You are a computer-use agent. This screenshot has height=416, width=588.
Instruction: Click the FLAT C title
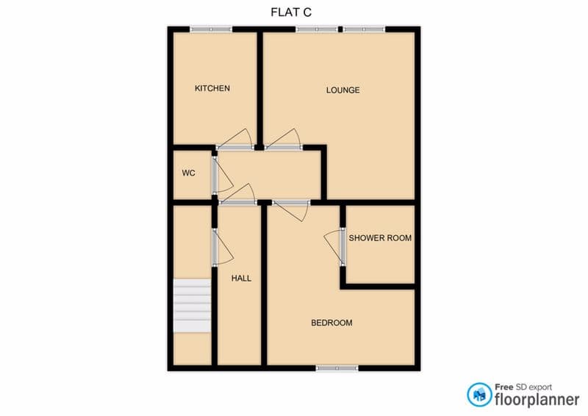click(x=291, y=12)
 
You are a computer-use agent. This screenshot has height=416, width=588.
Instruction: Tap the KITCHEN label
click(x=212, y=88)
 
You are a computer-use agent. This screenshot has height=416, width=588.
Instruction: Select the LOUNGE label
click(x=343, y=90)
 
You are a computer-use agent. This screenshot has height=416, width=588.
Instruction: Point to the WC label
click(x=189, y=173)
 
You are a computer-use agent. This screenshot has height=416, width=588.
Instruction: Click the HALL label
click(x=241, y=279)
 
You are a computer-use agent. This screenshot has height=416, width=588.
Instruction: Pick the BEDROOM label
click(x=331, y=323)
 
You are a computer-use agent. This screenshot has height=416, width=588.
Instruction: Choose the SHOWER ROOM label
click(x=380, y=238)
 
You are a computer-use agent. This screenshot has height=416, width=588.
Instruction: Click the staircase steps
click(x=192, y=305)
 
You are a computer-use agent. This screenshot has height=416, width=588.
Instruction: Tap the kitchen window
click(x=211, y=29)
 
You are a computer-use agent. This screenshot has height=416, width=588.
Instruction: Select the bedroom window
click(x=337, y=368)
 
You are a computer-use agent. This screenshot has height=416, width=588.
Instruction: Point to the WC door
click(x=223, y=175)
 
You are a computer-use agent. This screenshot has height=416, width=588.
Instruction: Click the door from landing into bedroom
click(x=291, y=210)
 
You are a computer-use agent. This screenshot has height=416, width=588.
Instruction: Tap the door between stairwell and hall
click(x=223, y=248)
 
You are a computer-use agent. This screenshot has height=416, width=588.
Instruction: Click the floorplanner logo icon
click(x=479, y=395)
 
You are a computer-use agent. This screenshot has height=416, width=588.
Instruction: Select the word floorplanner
click(x=537, y=399)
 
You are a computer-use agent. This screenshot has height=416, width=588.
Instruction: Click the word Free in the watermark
click(x=504, y=387)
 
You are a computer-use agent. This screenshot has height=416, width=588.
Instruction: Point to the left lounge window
click(x=317, y=29)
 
